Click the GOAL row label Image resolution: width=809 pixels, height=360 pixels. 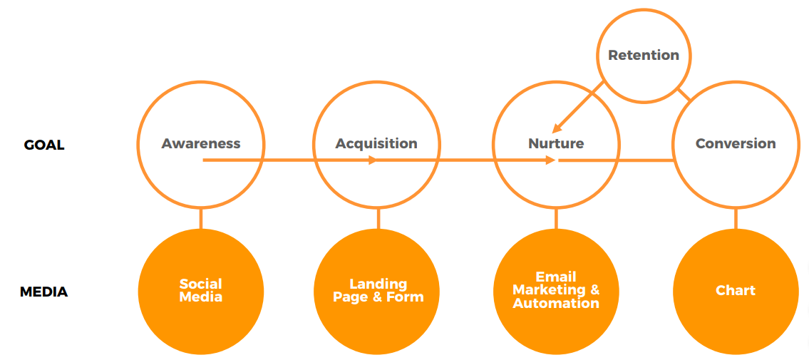(x=44, y=145)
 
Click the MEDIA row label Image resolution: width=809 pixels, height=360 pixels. (x=44, y=292)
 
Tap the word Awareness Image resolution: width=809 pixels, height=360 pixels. (x=201, y=143)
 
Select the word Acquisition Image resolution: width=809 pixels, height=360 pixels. (x=376, y=143)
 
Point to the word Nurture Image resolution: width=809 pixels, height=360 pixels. (x=556, y=143)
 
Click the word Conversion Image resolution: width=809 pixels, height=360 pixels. (x=736, y=143)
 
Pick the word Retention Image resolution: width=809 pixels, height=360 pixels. (x=644, y=55)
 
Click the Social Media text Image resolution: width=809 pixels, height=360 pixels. (x=201, y=290)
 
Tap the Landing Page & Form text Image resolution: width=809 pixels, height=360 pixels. (x=378, y=290)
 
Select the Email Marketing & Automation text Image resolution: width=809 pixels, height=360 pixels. (x=556, y=289)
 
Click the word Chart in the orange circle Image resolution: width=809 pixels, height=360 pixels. (x=736, y=290)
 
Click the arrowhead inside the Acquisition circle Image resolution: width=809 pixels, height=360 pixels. (x=373, y=160)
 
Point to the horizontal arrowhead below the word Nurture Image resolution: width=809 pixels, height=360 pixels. (x=550, y=160)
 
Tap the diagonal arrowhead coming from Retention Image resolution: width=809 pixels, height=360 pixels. (x=557, y=127)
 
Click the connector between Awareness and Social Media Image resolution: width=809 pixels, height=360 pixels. (x=201, y=219)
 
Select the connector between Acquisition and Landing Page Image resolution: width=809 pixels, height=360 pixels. (x=378, y=219)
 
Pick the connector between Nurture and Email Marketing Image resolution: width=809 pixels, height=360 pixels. (x=556, y=219)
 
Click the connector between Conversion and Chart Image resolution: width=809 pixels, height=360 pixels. (x=736, y=219)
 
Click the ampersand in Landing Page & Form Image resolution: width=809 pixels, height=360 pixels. (x=378, y=297)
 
